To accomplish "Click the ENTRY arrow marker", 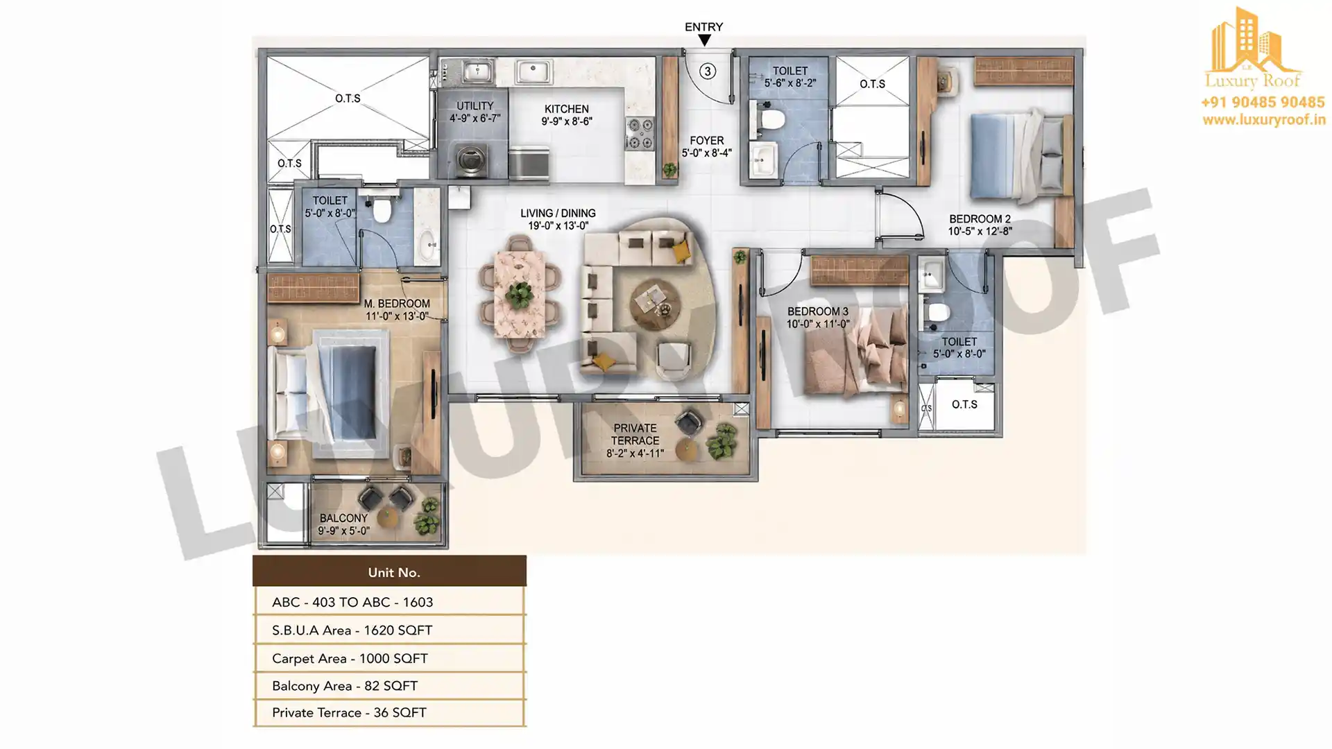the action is (x=704, y=40).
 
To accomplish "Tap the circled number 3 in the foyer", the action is (x=708, y=71).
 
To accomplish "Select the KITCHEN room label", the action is (x=567, y=109).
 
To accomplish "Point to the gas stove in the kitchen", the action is (x=640, y=133).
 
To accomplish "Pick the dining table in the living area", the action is (x=520, y=294).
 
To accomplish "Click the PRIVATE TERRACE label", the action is (x=635, y=434).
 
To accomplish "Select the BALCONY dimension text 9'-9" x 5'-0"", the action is (x=344, y=531).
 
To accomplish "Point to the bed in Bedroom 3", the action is (x=857, y=353).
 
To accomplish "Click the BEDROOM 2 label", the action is (x=980, y=219).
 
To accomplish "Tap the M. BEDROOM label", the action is (x=397, y=304).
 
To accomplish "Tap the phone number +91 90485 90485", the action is (x=1263, y=102).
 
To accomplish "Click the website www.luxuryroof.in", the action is (x=1264, y=120).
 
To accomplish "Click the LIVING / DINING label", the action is (x=558, y=214).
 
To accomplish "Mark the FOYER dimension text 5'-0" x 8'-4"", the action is (x=707, y=153).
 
